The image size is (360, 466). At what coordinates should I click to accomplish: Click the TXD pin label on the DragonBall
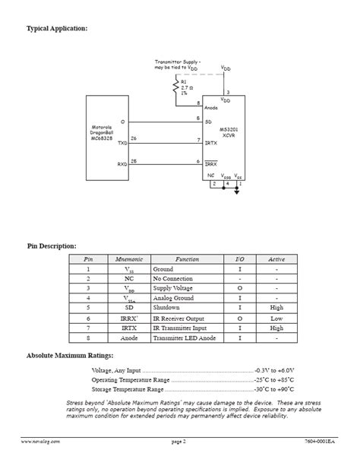pos(122,142)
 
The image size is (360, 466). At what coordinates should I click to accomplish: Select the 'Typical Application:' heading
pos(57,28)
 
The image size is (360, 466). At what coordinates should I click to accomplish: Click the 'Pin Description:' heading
pos(52,246)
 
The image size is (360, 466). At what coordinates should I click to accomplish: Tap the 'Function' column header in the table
pos(187,259)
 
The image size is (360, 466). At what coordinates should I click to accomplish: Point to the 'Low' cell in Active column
pos(276,319)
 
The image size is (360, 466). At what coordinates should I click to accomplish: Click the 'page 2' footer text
pos(178,441)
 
